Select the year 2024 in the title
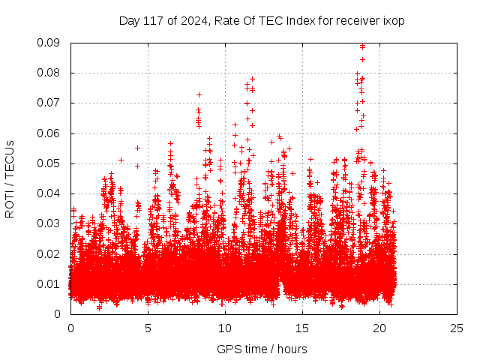tap(189, 20)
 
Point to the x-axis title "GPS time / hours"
tap(262, 349)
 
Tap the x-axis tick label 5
tap(148, 328)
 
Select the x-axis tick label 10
tap(225, 328)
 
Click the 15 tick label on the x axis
tap(302, 328)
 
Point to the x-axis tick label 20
tap(379, 328)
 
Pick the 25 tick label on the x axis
tap(457, 328)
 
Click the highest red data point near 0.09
tap(363, 46)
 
